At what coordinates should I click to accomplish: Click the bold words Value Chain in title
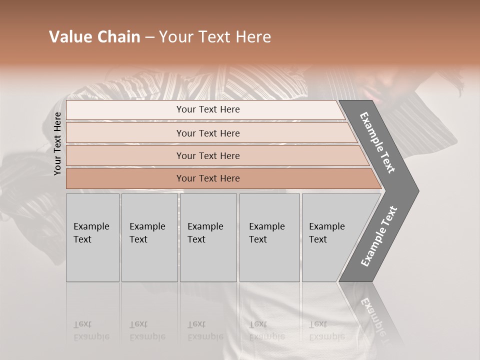click(94, 37)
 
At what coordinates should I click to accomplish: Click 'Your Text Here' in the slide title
click(215, 37)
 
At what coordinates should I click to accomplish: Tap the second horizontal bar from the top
click(208, 133)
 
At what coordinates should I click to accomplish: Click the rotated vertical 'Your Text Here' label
click(57, 143)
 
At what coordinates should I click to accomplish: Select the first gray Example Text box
click(92, 237)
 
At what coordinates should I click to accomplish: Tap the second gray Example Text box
click(149, 237)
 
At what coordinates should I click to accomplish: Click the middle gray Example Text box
click(207, 237)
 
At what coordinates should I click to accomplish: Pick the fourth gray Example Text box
click(269, 237)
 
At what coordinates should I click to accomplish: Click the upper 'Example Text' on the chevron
click(378, 142)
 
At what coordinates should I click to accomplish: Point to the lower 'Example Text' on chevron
click(378, 236)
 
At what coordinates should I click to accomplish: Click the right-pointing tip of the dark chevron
click(416, 190)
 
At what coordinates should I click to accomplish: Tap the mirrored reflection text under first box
click(91, 331)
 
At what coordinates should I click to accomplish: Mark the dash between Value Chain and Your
click(149, 37)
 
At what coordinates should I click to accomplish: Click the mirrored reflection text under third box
click(205, 331)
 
